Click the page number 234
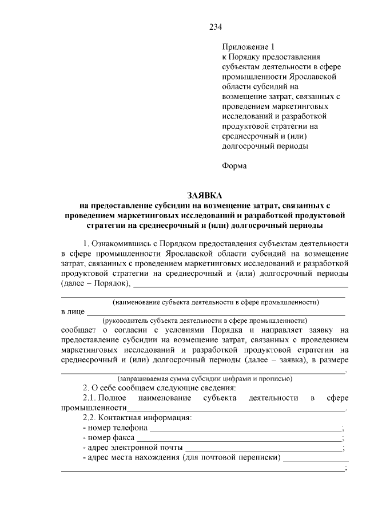pyautogui.click(x=215, y=27)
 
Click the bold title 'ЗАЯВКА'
pyautogui.click(x=204, y=195)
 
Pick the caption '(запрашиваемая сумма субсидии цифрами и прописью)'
pyautogui.click(x=205, y=378)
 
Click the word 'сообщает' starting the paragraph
pyautogui.click(x=80, y=330)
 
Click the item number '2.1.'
pyautogui.click(x=91, y=398)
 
